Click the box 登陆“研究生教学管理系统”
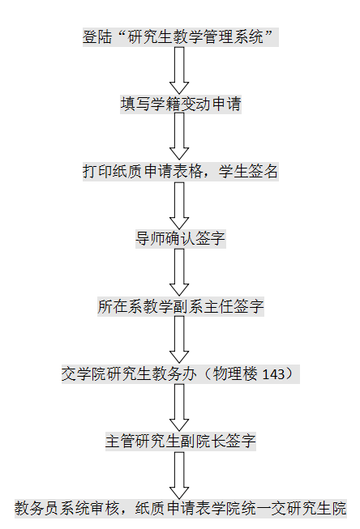pyautogui.click(x=181, y=36)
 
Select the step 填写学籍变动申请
pyautogui.click(x=181, y=104)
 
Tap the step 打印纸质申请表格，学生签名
pyautogui.click(x=181, y=172)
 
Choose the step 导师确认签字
pyautogui.click(x=181, y=238)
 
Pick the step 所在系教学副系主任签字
pyautogui.click(x=181, y=306)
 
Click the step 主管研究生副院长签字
pyautogui.click(x=181, y=442)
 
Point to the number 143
pyautogui.click(x=273, y=374)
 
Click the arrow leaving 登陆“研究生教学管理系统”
pyautogui.click(x=179, y=70)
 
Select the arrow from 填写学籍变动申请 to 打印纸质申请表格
pyautogui.click(x=179, y=136)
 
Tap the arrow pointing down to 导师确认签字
pyautogui.click(x=179, y=206)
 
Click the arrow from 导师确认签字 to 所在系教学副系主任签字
pyautogui.click(x=179, y=272)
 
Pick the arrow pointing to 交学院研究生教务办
pyautogui.click(x=179, y=339)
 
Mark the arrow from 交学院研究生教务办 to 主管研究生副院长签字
pyautogui.click(x=179, y=407)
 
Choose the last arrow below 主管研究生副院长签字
pyautogui.click(x=179, y=476)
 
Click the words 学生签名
pyautogui.click(x=248, y=172)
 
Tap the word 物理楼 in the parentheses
pyautogui.click(x=235, y=374)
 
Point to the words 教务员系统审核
pyautogui.click(x=66, y=509)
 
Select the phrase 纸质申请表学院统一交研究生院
pyautogui.click(x=241, y=509)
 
